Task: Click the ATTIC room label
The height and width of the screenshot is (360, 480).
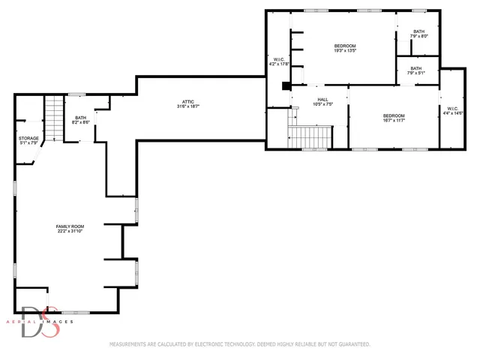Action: click(187, 102)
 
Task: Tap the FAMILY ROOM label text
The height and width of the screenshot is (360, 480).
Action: click(70, 226)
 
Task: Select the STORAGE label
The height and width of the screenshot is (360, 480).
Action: click(28, 138)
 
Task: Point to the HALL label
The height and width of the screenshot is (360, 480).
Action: click(322, 99)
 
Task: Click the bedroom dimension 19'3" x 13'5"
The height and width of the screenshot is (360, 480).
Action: click(345, 52)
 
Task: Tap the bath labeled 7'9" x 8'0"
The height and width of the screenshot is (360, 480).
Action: click(418, 36)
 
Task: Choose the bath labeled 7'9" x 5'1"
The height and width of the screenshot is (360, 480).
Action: click(415, 73)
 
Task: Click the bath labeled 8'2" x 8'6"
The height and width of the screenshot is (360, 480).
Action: click(81, 121)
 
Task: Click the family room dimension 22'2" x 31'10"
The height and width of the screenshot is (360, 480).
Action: click(70, 232)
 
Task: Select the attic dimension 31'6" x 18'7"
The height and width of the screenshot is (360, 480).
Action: click(187, 107)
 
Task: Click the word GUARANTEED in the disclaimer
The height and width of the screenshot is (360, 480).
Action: click(352, 344)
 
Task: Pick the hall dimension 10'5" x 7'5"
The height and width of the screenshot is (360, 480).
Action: click(322, 104)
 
